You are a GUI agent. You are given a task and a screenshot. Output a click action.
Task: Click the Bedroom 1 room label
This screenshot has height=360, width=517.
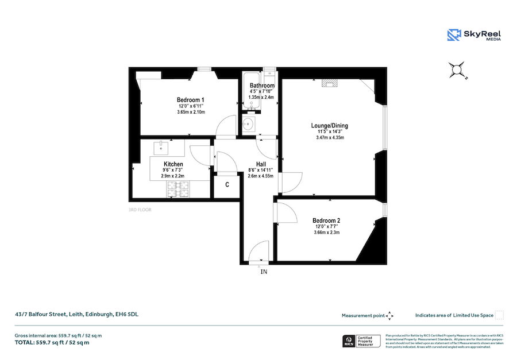190,100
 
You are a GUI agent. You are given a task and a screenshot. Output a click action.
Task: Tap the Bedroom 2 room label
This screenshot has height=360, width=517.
326,220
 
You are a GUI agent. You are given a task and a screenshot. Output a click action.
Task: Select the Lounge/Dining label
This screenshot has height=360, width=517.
330,126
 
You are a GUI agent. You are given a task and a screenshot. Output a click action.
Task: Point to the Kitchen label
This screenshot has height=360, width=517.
173,164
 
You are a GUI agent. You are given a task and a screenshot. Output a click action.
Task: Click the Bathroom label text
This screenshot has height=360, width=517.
262,86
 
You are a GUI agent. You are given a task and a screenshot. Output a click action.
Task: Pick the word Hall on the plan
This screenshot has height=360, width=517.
260,164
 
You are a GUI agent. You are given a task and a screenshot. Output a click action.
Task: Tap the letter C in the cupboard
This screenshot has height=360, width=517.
227,185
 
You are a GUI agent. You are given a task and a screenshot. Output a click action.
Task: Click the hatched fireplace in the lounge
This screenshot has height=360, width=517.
330,83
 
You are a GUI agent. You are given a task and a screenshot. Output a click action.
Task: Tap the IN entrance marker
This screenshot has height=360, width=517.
264,271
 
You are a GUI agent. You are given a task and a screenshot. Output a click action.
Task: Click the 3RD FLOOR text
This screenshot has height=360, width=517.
140,210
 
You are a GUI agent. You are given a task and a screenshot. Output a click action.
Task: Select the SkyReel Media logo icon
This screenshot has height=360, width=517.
454,35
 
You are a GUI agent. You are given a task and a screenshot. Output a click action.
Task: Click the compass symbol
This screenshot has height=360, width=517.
458,70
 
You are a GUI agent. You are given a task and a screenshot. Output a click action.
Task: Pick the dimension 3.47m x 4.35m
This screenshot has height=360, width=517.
330,138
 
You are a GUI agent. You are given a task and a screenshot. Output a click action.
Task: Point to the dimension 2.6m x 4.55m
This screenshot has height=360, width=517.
260,176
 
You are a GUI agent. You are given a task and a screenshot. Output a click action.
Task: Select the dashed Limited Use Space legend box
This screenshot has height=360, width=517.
499,315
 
